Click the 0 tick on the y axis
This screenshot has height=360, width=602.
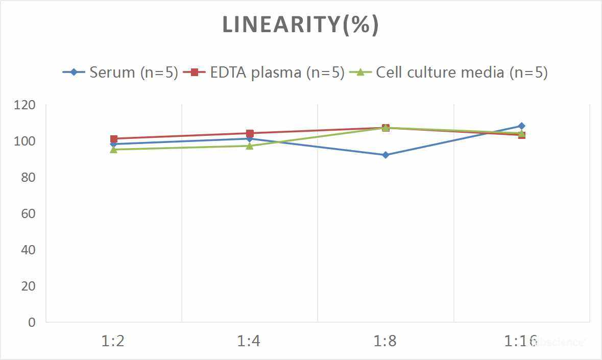tap(32, 322)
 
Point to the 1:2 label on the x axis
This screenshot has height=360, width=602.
tap(113, 341)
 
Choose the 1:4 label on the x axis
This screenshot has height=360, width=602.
tap(249, 341)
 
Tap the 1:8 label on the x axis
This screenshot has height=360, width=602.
tap(386, 341)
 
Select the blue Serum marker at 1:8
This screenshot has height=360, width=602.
tap(386, 155)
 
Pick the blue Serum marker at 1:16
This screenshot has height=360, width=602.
tap(521, 126)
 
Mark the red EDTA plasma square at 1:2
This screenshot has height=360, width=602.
tap(113, 139)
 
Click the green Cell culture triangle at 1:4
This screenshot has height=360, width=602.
tap(249, 146)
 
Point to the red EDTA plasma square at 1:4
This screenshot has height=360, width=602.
tap(250, 133)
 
